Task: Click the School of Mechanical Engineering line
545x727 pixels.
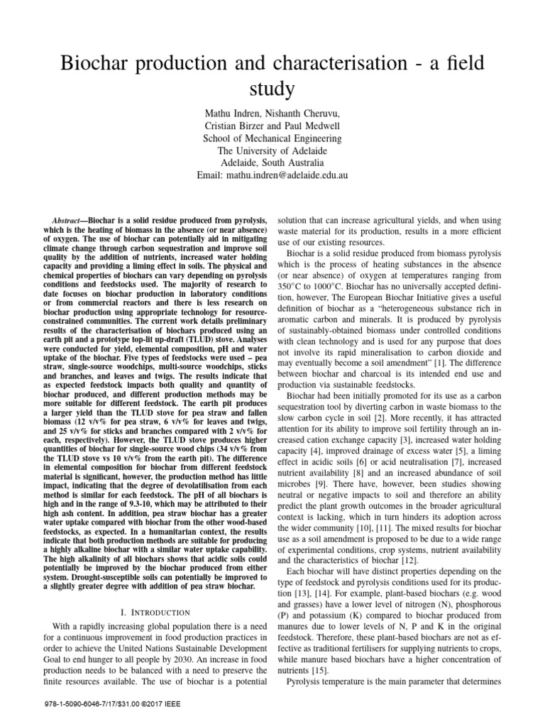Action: tap(272, 138)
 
